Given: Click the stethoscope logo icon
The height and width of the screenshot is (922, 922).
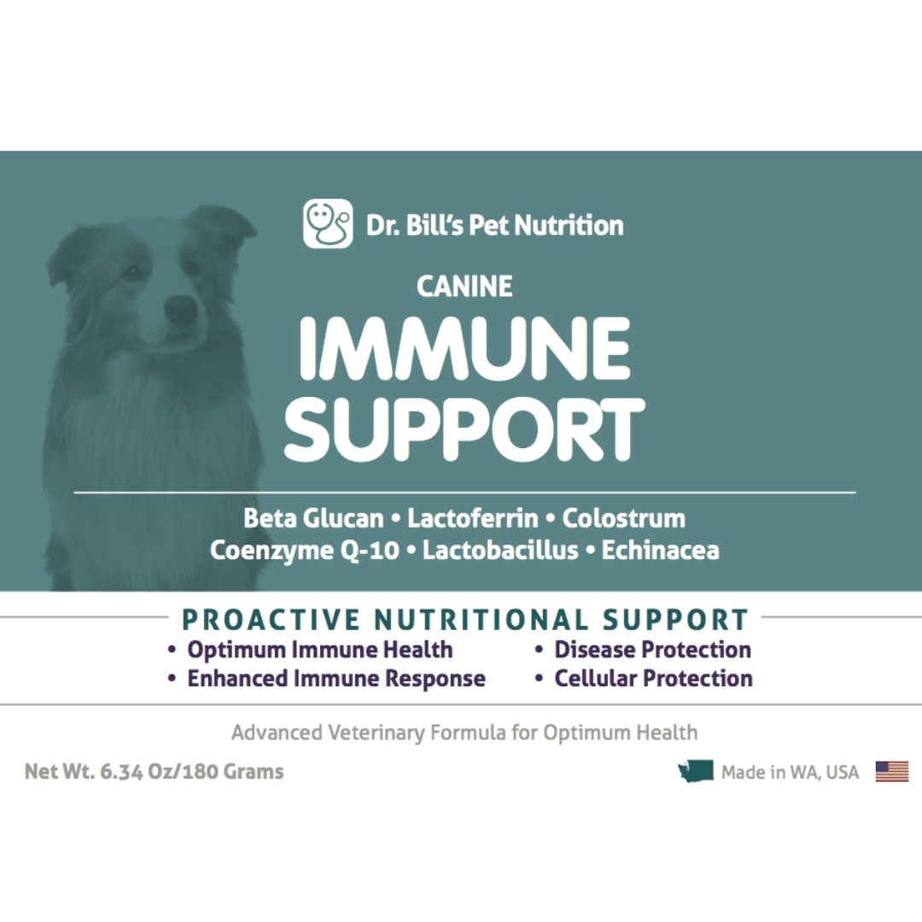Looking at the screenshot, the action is click(x=328, y=224).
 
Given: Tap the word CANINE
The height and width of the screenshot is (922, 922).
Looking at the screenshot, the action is click(x=464, y=287).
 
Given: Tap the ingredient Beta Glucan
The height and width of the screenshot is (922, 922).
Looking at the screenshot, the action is click(x=313, y=519).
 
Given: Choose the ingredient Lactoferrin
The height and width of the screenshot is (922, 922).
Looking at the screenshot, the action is click(x=473, y=519).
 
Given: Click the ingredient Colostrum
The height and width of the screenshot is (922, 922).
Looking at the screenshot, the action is click(x=623, y=519).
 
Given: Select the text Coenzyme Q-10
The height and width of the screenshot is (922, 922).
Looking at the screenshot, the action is click(x=305, y=551).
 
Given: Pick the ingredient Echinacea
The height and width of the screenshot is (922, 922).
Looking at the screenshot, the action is click(x=660, y=551).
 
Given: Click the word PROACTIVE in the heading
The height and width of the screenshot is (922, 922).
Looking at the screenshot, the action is click(x=271, y=620).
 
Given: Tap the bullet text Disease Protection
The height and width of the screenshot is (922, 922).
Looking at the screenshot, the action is click(x=653, y=650).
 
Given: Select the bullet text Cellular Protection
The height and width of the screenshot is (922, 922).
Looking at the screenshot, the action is click(x=653, y=679).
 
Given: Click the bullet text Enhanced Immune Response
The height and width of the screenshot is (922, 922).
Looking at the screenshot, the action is click(x=336, y=679).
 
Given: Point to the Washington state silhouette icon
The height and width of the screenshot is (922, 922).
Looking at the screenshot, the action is click(x=696, y=771).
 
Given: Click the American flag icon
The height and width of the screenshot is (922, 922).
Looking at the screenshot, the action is click(x=892, y=772).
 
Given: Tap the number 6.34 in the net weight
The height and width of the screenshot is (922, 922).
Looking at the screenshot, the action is click(x=121, y=772).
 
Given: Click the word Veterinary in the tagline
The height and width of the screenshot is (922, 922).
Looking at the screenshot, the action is click(x=376, y=733).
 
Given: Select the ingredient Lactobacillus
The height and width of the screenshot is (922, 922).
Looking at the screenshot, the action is click(x=500, y=551).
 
